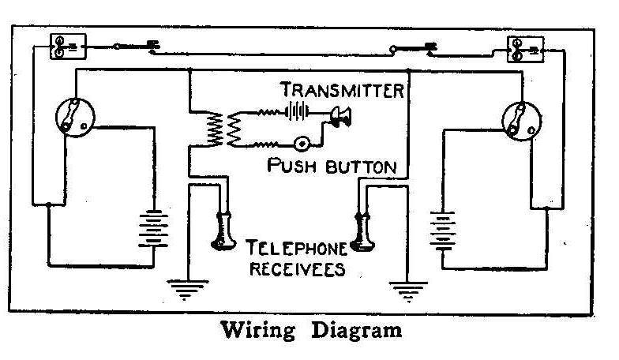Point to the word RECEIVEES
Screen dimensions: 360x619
tap(298, 268)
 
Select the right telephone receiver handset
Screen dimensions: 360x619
tap(363, 231)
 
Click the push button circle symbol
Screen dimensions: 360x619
tap(302, 144)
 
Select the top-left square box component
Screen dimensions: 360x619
tap(62, 46)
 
